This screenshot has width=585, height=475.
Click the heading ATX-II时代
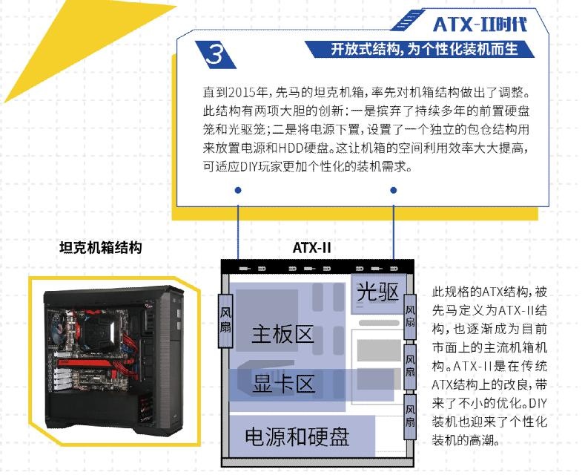[x=480, y=24]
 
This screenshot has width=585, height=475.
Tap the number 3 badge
[x=215, y=54]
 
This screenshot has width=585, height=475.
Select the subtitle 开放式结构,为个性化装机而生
[x=424, y=49]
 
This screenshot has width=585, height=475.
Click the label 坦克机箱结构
[x=100, y=247]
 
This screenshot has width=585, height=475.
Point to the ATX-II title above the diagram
[x=311, y=248]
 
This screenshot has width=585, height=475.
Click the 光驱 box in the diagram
[x=377, y=292]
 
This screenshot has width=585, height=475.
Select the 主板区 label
[x=282, y=333]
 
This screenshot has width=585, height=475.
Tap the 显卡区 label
[x=284, y=384]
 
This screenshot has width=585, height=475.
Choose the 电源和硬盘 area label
[x=297, y=436]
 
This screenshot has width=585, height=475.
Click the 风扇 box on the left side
[x=225, y=321]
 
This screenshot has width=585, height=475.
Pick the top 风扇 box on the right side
[x=410, y=316]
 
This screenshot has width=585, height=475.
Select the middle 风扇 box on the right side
[x=410, y=367]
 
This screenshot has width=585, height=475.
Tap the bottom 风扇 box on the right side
[x=410, y=416]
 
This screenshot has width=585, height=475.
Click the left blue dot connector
[x=238, y=191]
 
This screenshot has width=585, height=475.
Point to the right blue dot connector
[x=393, y=191]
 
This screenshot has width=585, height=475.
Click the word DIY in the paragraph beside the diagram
[x=538, y=403]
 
